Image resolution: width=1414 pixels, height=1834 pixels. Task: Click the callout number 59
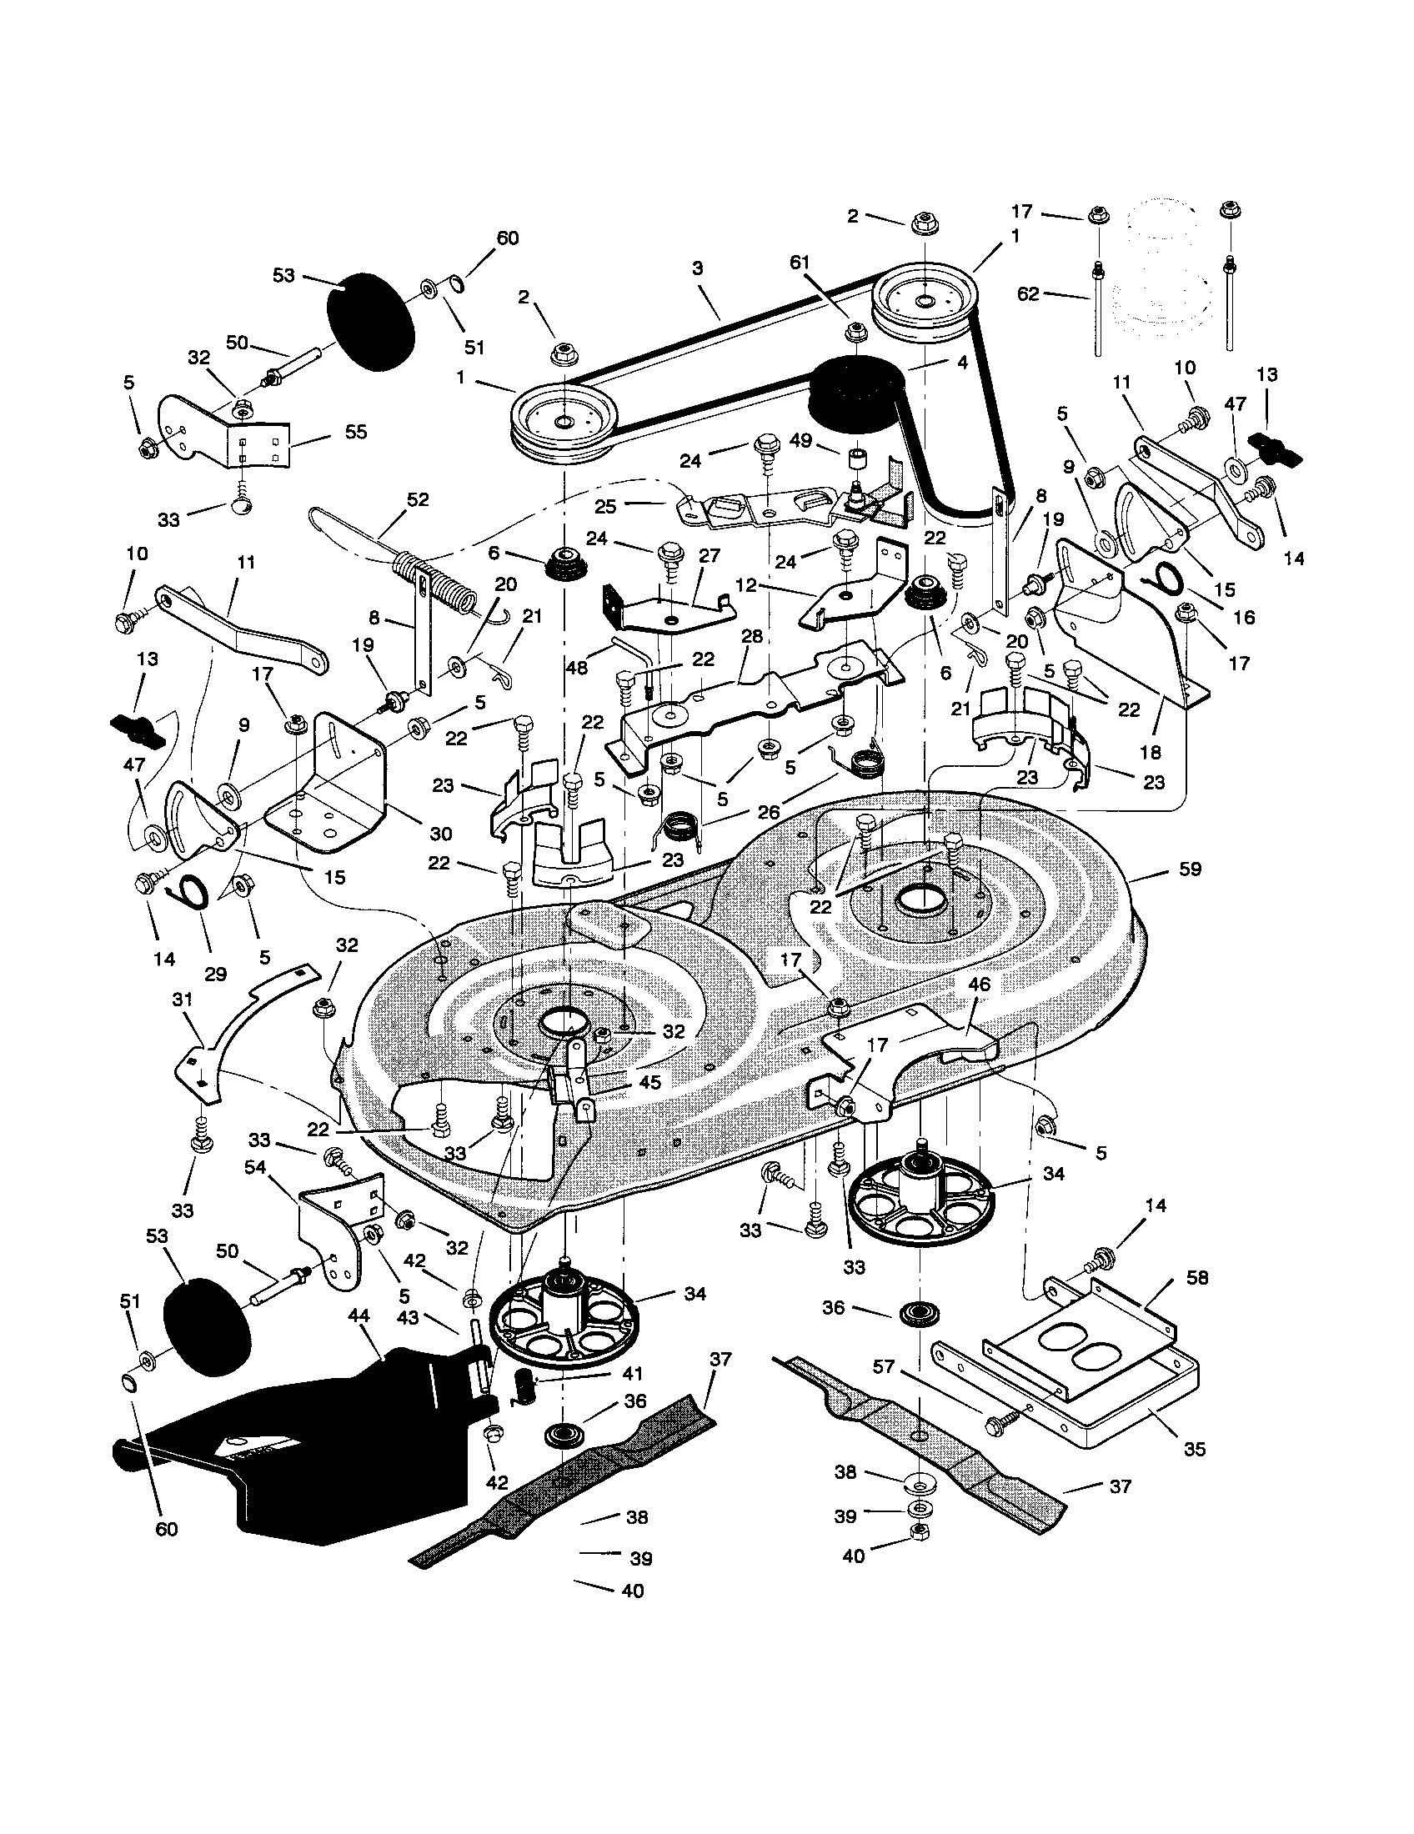(x=1190, y=870)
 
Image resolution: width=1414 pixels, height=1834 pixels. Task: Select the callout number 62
(x=1028, y=294)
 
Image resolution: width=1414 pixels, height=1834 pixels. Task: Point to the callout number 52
(x=418, y=499)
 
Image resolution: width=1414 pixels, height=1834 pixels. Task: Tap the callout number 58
(x=1197, y=1277)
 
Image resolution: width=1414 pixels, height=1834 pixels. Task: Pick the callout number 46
(x=979, y=985)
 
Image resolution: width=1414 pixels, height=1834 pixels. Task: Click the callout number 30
(x=440, y=833)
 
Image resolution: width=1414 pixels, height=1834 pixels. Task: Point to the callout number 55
(x=356, y=432)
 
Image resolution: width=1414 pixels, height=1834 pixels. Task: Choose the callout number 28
(x=752, y=637)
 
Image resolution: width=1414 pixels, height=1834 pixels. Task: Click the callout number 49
(x=801, y=440)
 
